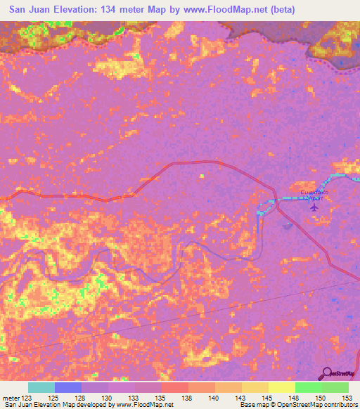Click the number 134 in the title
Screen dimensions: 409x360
pyautogui.click(x=110, y=9)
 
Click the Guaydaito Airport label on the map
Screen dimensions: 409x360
pyautogui.click(x=314, y=195)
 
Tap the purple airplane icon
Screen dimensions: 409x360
pyautogui.click(x=314, y=206)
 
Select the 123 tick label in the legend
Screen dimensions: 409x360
pyautogui.click(x=27, y=398)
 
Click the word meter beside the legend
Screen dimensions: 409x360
pyautogui.click(x=11, y=398)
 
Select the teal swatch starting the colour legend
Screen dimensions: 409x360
pyautogui.click(x=41, y=387)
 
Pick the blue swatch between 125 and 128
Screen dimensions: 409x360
pyautogui.click(x=68, y=387)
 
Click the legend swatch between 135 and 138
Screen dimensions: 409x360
pyautogui.click(x=175, y=387)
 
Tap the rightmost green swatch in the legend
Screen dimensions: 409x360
pyautogui.click(x=335, y=387)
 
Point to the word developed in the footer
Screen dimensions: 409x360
pyautogui.click(x=86, y=405)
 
